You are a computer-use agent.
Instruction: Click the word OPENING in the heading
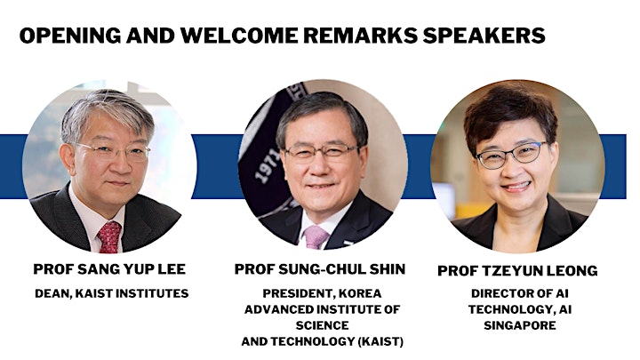click(x=70, y=36)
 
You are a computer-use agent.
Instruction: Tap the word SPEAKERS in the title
click(x=484, y=36)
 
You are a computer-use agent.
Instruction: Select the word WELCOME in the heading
click(x=239, y=36)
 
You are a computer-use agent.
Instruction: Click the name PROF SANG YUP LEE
click(x=109, y=269)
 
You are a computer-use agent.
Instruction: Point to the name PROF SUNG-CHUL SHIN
click(x=320, y=269)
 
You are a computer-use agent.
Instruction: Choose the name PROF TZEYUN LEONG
click(x=517, y=270)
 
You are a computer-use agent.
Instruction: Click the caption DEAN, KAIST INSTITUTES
click(x=111, y=293)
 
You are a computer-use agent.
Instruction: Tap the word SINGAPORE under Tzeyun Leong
click(x=520, y=325)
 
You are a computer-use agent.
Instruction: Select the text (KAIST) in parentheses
click(x=380, y=341)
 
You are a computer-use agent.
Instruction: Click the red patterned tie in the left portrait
click(x=109, y=237)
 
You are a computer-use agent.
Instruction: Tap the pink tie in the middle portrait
click(x=315, y=236)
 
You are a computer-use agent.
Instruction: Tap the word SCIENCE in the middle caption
click(x=323, y=325)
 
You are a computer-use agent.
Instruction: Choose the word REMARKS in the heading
click(x=360, y=36)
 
